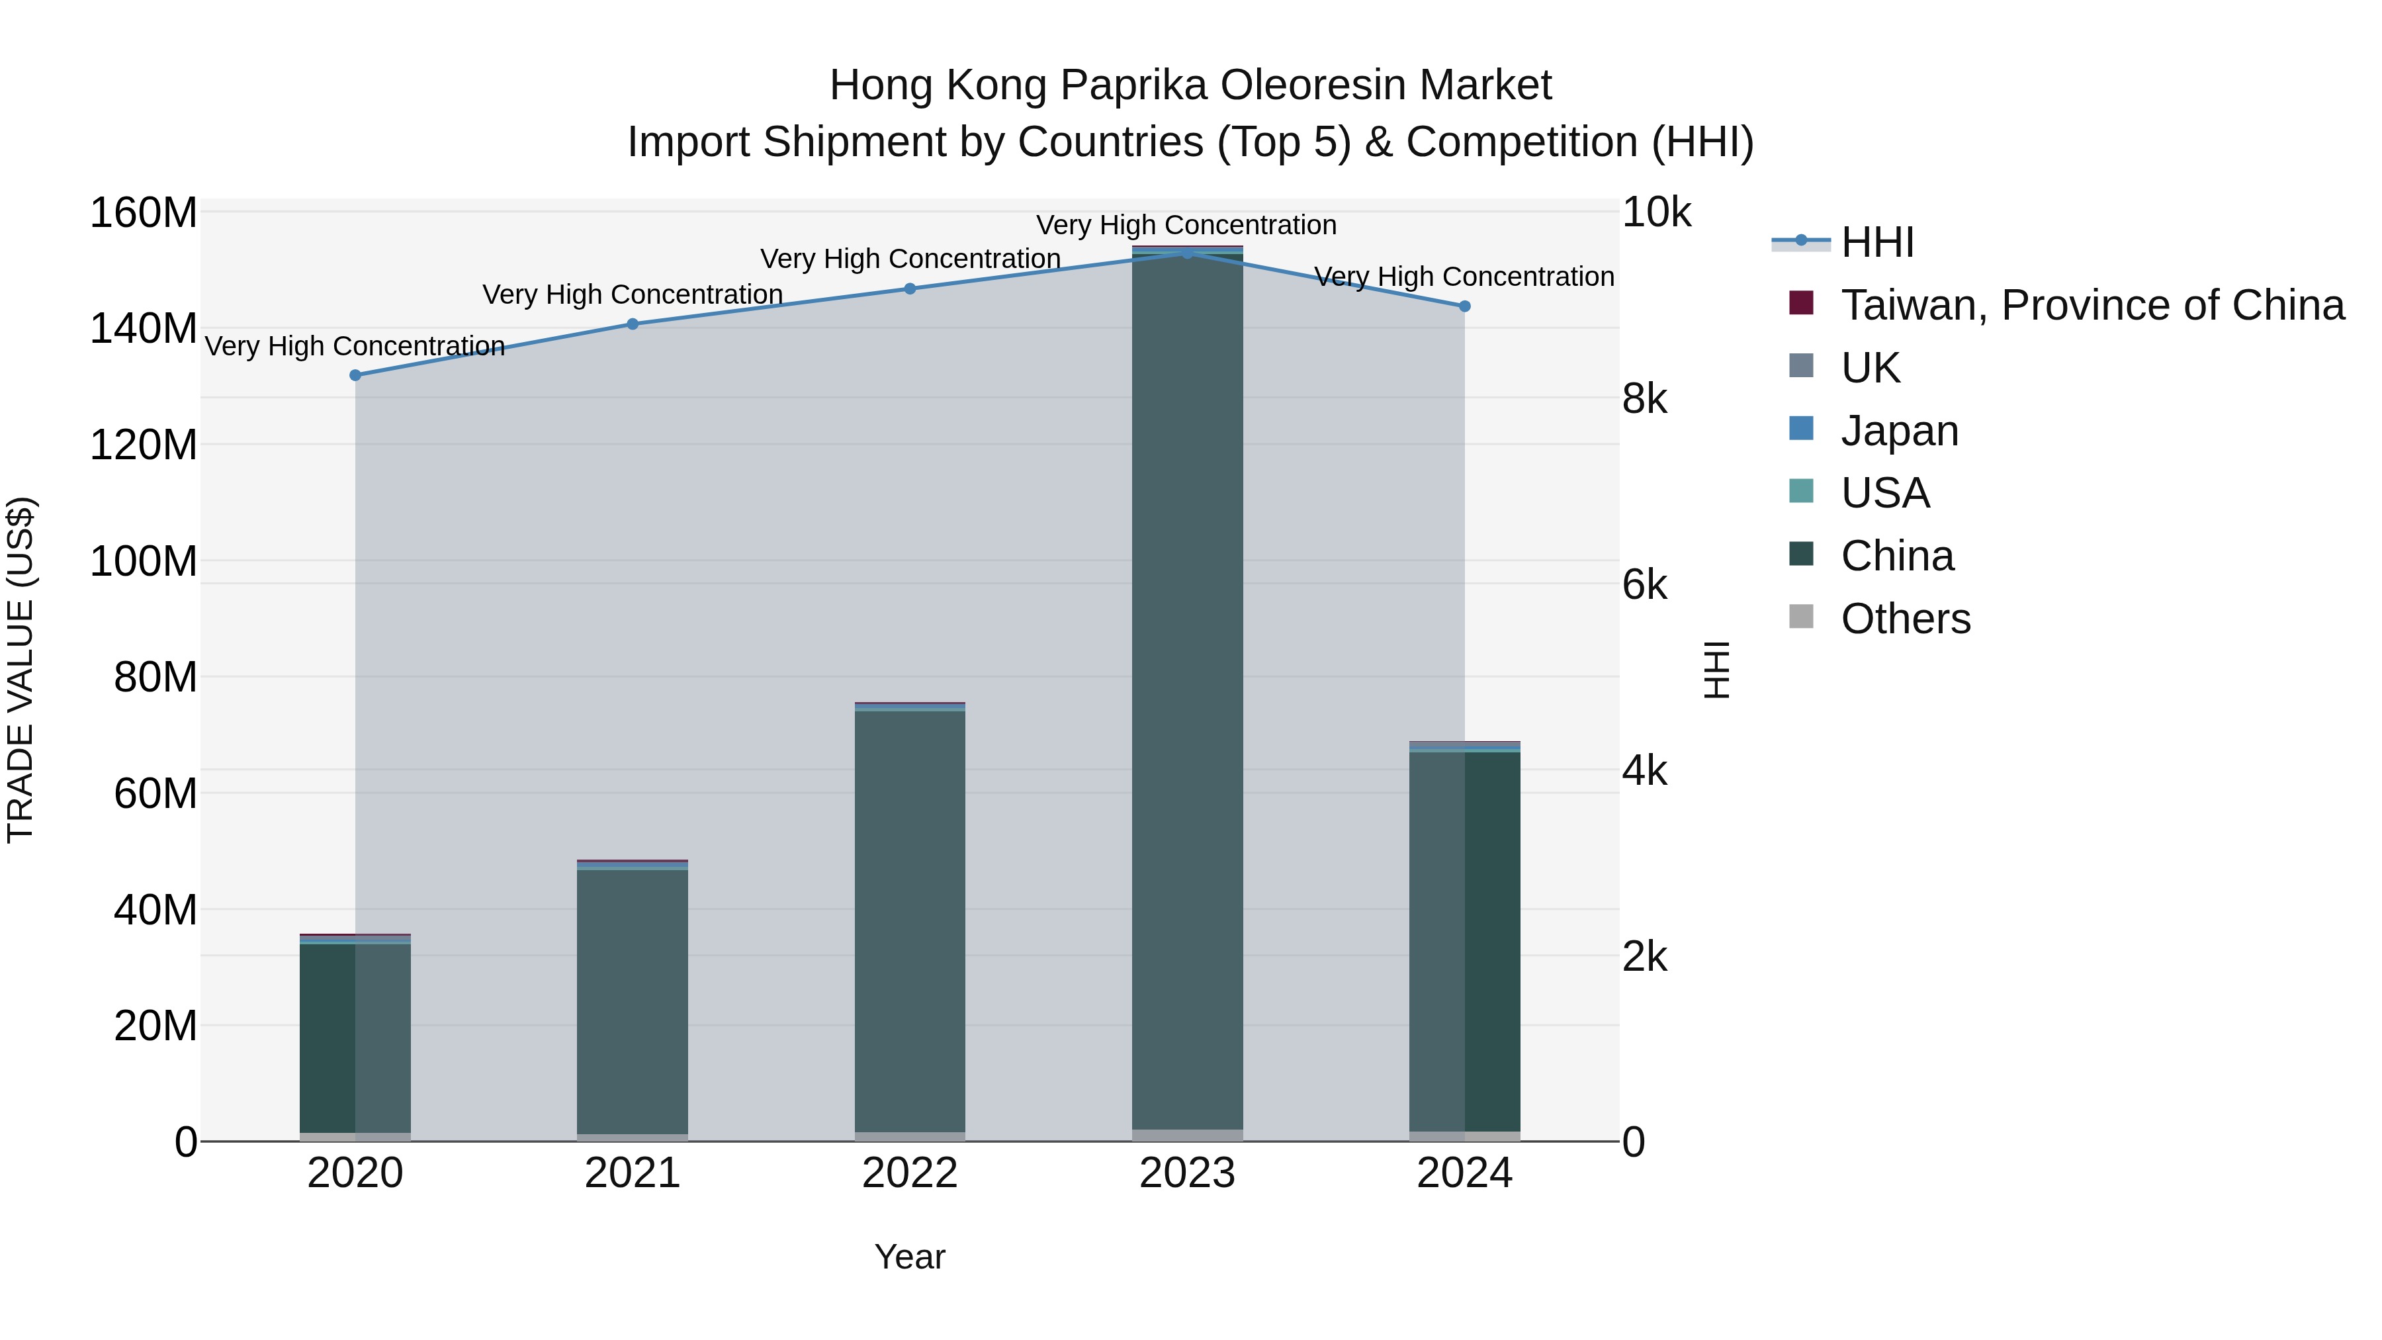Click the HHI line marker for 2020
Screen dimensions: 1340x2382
355,375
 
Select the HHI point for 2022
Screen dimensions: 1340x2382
910,289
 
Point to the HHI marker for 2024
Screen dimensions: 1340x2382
1465,306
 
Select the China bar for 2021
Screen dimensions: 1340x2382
633,999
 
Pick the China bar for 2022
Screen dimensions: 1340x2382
910,925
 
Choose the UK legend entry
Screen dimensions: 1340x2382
1870,368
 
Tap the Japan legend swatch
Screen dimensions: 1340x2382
1801,429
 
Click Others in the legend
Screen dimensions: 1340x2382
1905,619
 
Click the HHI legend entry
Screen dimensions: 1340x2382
1877,242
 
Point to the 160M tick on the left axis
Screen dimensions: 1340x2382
144,212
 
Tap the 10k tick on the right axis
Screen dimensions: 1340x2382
1656,212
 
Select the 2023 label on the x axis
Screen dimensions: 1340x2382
1187,1173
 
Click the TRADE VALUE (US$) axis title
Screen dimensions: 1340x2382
21,670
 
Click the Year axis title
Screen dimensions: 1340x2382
910,1257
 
